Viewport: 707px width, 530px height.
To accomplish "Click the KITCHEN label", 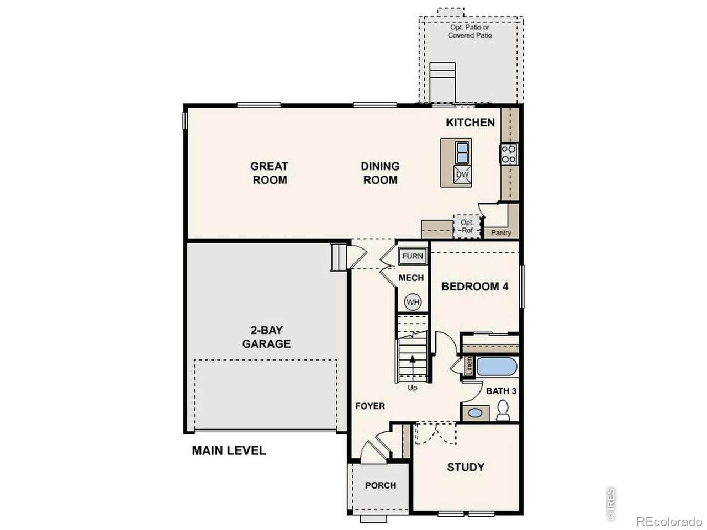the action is pyautogui.click(x=470, y=123).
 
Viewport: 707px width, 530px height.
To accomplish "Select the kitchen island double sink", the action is pyautogui.click(x=462, y=152).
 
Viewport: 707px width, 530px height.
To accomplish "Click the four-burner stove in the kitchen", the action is pyautogui.click(x=508, y=154).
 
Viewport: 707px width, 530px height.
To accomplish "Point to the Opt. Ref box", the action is pyautogui.click(x=466, y=226).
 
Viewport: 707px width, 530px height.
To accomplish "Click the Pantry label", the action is pyautogui.click(x=501, y=232).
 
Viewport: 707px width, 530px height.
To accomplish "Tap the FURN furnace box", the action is pyautogui.click(x=412, y=256).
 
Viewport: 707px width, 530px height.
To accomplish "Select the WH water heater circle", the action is pyautogui.click(x=413, y=302).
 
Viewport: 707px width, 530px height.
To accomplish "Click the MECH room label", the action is pyautogui.click(x=411, y=278).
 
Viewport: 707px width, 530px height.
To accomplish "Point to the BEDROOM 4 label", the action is pyautogui.click(x=474, y=287).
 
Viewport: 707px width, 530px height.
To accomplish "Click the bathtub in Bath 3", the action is pyautogui.click(x=497, y=367).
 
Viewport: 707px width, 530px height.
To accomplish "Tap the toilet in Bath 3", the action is pyautogui.click(x=503, y=410).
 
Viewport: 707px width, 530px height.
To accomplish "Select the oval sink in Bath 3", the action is pyautogui.click(x=475, y=413).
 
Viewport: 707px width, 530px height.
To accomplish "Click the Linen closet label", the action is pyautogui.click(x=469, y=366).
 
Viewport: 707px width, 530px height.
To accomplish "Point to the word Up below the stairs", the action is pyautogui.click(x=412, y=388).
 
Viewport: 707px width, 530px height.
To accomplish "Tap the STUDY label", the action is pyautogui.click(x=466, y=467).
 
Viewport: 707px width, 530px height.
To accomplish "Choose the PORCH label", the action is pyautogui.click(x=381, y=485).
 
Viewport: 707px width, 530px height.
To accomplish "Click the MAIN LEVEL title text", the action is pyautogui.click(x=229, y=451).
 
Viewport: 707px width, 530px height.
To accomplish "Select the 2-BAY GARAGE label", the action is pyautogui.click(x=266, y=337).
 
